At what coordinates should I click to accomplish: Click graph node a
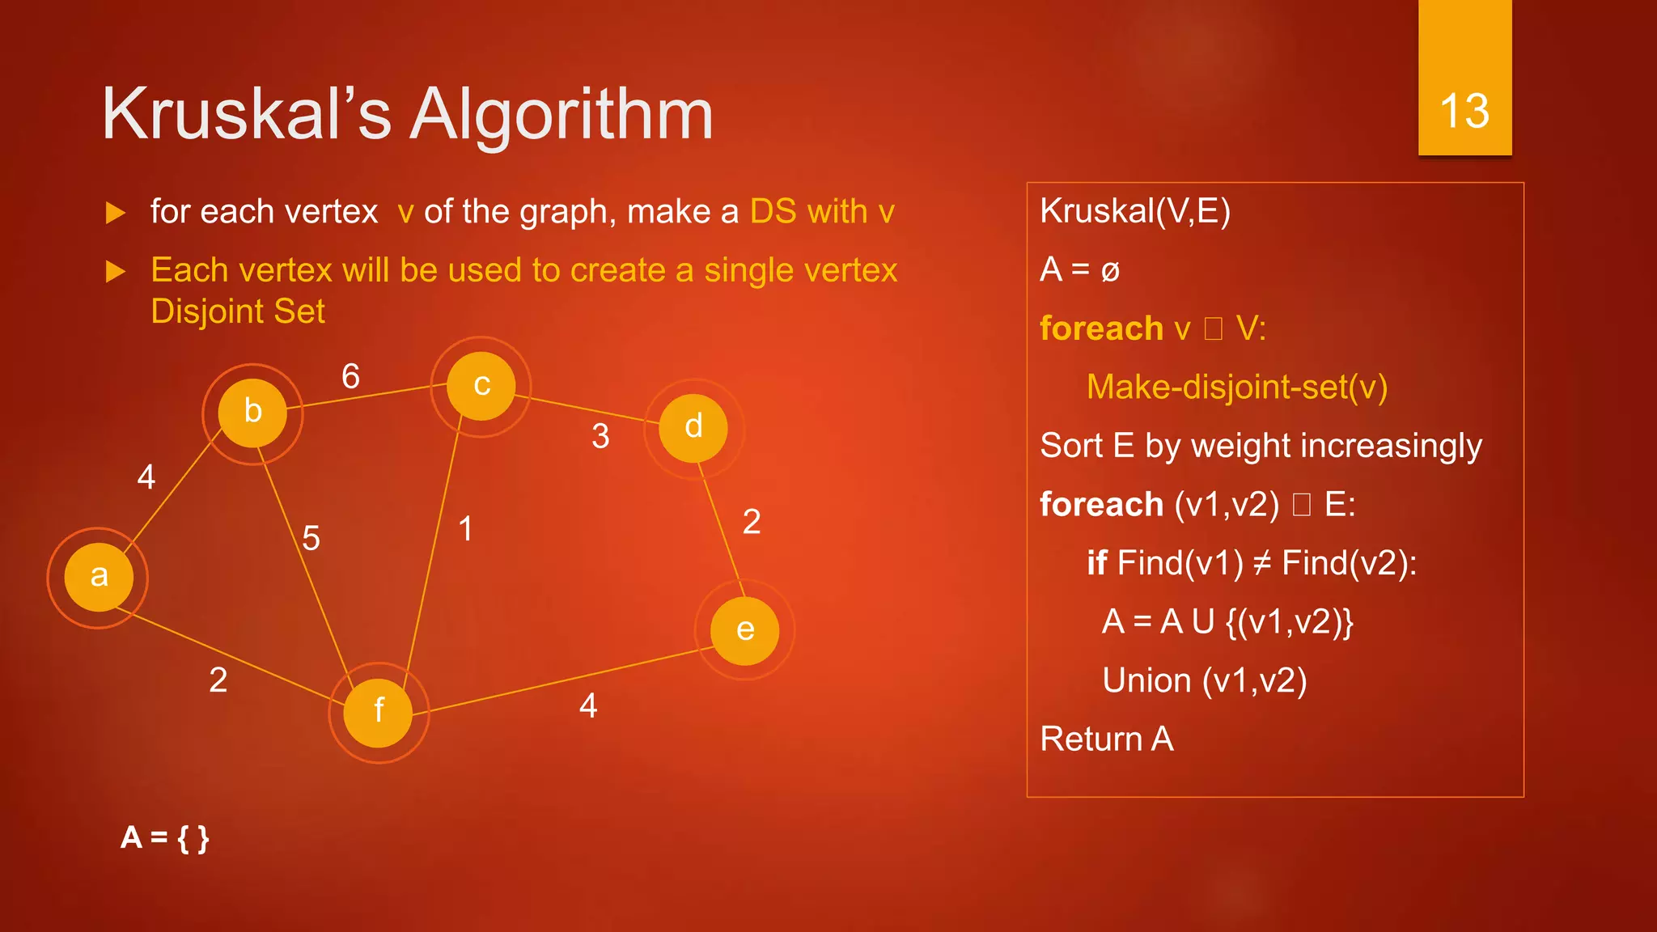click(x=99, y=577)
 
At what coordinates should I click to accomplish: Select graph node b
click(x=252, y=413)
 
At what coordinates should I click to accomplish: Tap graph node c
click(x=481, y=386)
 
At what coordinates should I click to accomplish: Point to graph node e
click(x=745, y=630)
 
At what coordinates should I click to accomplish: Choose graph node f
click(x=379, y=712)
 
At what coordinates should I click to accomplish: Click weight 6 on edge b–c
click(x=350, y=377)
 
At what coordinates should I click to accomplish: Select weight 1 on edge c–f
click(x=466, y=529)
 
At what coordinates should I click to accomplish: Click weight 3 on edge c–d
click(x=600, y=437)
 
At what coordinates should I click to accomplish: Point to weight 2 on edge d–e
click(x=752, y=522)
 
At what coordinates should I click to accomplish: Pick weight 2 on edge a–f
click(x=218, y=680)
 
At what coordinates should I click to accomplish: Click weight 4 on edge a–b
click(x=146, y=477)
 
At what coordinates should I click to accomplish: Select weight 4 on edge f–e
click(x=588, y=706)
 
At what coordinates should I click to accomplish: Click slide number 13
click(x=1464, y=111)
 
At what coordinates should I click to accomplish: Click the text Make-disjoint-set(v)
click(x=1236, y=387)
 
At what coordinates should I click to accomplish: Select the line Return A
click(x=1106, y=739)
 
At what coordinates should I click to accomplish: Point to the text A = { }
click(x=165, y=837)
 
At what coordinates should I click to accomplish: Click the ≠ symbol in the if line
click(x=1261, y=563)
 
